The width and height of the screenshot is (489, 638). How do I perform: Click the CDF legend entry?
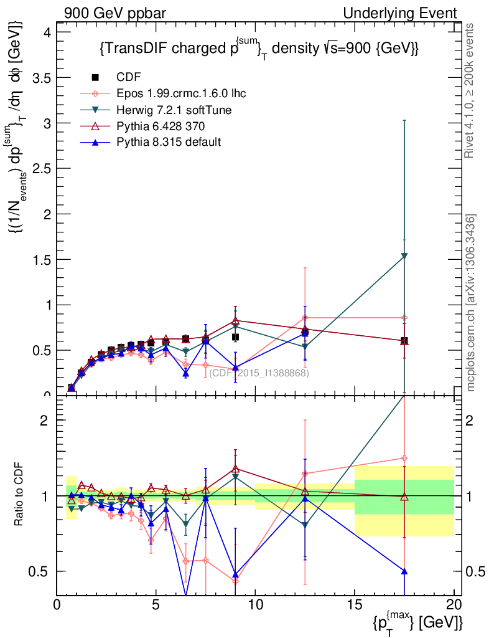pos(129,77)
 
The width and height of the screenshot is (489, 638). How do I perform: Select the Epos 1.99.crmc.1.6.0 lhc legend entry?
pos(181,93)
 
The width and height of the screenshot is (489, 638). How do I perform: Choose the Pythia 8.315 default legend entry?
pos(169,142)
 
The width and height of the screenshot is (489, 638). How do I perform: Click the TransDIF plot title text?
pos(258,49)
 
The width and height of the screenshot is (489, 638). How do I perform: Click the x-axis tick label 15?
pos(354,604)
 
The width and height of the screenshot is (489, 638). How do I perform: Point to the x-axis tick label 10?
pos(255,604)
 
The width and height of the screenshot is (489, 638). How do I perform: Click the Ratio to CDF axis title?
pos(18,496)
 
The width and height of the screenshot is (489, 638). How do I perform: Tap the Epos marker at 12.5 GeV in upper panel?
pos(305,318)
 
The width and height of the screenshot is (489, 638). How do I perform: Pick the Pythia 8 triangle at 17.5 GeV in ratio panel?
pos(404,571)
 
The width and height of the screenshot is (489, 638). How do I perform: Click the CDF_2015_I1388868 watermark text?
pos(259,373)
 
